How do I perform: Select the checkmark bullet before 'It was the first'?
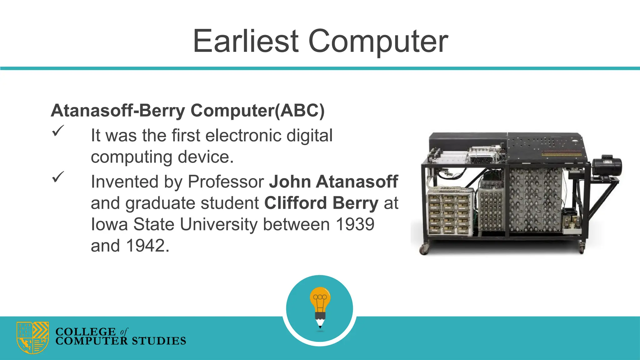click(58, 131)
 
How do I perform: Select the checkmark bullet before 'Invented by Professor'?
click(58, 177)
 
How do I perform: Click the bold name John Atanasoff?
click(333, 182)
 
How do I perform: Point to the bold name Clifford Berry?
click(322, 203)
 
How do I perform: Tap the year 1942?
click(145, 246)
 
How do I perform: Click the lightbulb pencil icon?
click(320, 308)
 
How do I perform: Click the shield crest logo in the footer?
click(33, 337)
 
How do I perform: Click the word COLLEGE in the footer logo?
click(86, 332)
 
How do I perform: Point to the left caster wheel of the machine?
click(424, 249)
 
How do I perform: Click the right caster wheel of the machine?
click(582, 249)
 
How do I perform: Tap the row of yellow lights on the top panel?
click(561, 154)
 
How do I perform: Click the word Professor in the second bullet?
click(226, 182)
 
